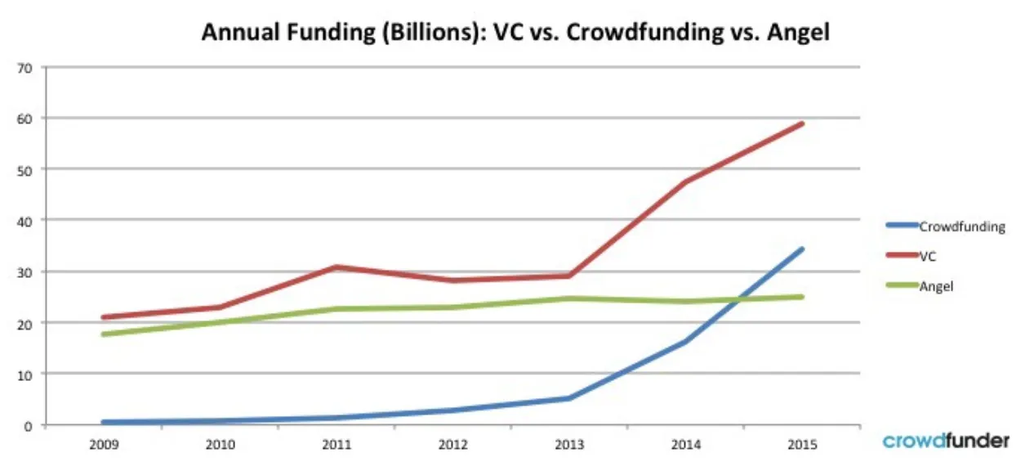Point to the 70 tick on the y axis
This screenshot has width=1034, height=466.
tap(25, 68)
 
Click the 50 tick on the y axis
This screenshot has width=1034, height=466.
tap(25, 169)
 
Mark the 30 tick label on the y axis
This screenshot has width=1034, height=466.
tap(25, 271)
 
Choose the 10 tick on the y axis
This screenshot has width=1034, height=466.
tap(25, 374)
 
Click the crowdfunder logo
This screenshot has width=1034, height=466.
tap(946, 441)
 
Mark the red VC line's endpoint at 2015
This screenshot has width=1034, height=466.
tap(802, 123)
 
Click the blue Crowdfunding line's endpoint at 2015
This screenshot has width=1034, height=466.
tap(802, 249)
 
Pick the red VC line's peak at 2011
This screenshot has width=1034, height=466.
tap(336, 267)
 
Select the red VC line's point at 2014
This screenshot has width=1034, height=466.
tap(685, 181)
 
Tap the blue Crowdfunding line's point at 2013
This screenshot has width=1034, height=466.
tap(569, 398)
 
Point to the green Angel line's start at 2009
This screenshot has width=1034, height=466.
tap(104, 334)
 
